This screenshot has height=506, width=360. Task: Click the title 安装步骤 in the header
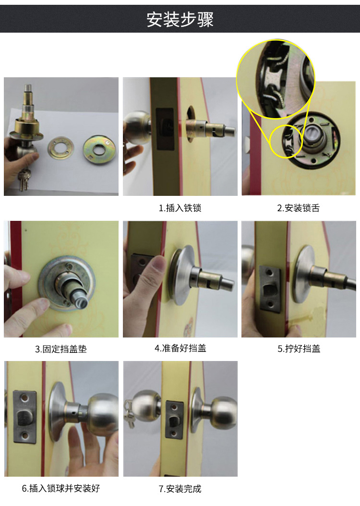point(180,19)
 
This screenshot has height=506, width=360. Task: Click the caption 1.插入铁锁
point(180,208)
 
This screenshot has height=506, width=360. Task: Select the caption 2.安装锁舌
point(299,208)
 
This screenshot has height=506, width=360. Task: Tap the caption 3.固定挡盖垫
point(61,349)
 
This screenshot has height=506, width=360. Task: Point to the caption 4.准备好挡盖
point(180,348)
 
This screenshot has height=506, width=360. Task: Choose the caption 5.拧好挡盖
point(299,349)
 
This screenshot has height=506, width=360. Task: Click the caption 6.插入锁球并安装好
point(61,488)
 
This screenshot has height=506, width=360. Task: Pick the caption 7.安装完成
point(180,489)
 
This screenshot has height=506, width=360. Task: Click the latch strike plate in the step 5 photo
point(270,288)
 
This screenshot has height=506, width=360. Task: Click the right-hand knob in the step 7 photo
point(224,413)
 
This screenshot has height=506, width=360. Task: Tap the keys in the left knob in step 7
point(130,414)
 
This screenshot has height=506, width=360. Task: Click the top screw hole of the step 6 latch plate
point(24,398)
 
